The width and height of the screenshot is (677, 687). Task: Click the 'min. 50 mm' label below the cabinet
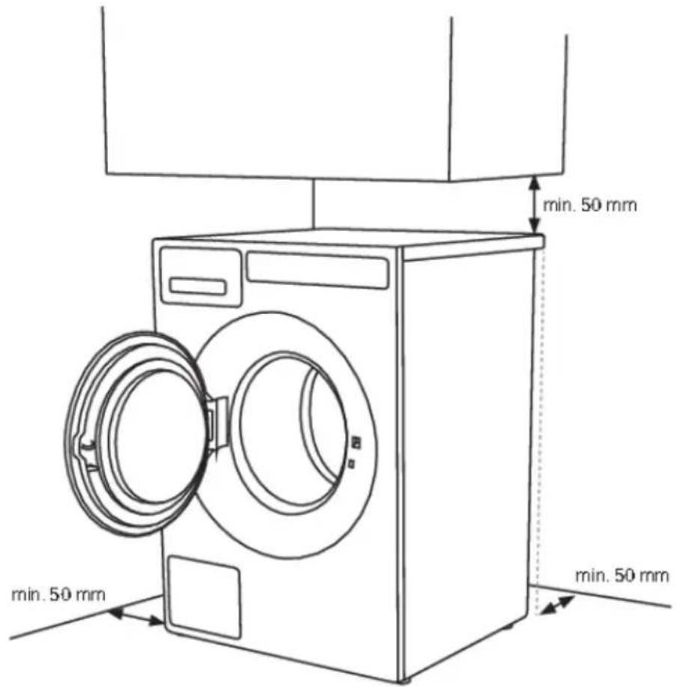click(x=589, y=205)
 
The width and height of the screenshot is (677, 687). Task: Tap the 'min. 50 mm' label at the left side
click(x=58, y=595)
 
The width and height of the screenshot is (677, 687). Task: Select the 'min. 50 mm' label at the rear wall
click(x=622, y=575)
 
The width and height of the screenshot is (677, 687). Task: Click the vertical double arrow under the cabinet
click(x=534, y=205)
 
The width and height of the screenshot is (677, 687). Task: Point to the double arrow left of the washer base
click(x=136, y=616)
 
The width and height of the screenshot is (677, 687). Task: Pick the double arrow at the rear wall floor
click(x=557, y=605)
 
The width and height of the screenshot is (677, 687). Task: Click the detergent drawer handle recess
click(x=198, y=286)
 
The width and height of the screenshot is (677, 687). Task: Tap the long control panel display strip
click(x=318, y=270)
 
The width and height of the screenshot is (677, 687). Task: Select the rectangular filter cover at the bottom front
click(x=204, y=598)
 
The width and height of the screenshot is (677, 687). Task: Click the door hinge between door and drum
click(x=217, y=423)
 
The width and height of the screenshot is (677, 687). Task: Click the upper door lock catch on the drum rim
click(x=357, y=442)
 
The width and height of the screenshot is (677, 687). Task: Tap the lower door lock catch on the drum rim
click(x=351, y=463)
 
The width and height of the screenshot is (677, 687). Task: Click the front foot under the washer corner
click(x=404, y=680)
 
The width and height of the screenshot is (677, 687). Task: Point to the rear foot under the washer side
click(x=508, y=626)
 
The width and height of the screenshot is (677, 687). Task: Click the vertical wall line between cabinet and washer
click(x=314, y=204)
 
